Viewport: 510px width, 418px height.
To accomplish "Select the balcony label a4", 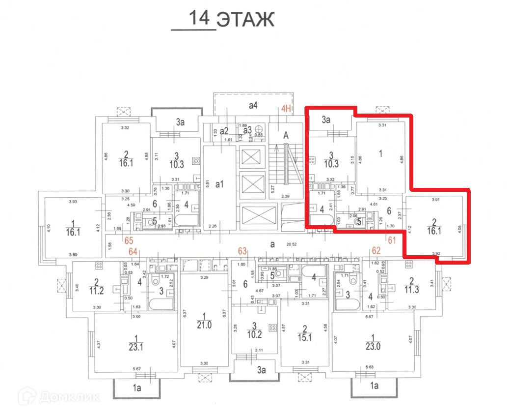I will [x=253, y=105].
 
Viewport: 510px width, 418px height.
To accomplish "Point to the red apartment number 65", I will [x=129, y=240].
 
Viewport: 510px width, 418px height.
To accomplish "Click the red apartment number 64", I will [x=133, y=252].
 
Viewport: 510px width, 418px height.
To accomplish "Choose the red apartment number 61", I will [x=392, y=240].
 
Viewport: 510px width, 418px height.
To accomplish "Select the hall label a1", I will [x=220, y=184].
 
